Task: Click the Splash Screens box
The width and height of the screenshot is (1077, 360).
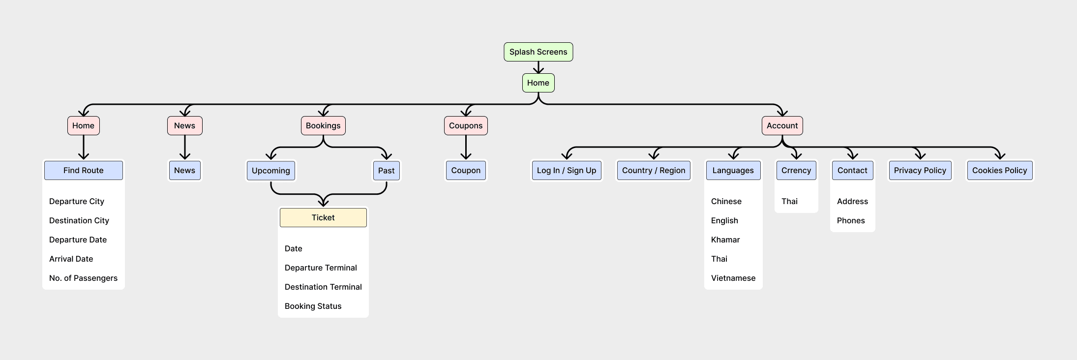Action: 538,52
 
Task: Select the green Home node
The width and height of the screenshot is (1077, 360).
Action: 538,83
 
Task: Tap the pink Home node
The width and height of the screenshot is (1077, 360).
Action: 84,125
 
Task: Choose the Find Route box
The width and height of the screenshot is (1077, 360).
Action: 84,170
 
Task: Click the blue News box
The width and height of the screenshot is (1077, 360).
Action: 184,170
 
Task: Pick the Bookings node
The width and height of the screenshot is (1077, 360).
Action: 323,125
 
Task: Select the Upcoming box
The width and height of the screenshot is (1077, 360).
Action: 271,171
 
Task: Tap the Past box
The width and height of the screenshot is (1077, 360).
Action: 386,171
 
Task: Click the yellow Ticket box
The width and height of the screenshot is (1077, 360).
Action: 323,217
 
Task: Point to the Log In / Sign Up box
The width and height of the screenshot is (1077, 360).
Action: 567,170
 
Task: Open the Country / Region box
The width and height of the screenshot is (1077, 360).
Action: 654,170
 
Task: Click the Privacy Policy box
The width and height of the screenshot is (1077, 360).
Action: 920,170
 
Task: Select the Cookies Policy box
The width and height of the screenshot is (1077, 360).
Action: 1000,170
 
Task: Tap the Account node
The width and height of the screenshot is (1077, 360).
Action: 782,125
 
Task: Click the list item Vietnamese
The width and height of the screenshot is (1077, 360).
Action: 733,278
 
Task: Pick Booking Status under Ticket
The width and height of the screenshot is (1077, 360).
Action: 313,306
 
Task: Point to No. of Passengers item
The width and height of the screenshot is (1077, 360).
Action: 84,278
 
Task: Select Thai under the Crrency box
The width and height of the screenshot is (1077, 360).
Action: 789,201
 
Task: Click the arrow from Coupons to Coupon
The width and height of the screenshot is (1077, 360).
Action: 466,147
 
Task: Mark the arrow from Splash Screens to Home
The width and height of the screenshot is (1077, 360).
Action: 538,67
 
